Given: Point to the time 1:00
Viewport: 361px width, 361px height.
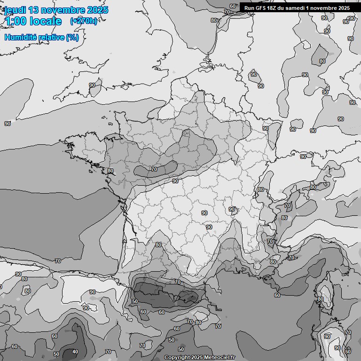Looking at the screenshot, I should tap(15, 21).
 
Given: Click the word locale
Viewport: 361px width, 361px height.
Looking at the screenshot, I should tap(46, 21).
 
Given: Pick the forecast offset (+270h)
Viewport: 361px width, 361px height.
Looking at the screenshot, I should tap(84, 21).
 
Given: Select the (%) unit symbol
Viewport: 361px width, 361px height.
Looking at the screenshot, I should tap(72, 37).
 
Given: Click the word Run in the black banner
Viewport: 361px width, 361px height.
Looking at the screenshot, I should tap(249, 8).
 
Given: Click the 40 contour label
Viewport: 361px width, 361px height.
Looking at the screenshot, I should tap(75, 352).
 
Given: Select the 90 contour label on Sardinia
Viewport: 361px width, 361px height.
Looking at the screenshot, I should tap(327, 337).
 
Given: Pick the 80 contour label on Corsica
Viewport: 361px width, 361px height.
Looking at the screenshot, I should tap(321, 299).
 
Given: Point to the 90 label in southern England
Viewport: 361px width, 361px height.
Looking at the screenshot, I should tap(92, 86).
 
